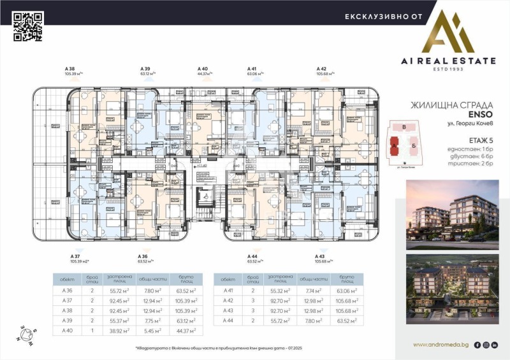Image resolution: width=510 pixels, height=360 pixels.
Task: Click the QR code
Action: (28, 26)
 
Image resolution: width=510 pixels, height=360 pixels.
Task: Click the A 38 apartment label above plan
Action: (69, 69)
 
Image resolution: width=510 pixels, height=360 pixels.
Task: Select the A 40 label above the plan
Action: (203, 69)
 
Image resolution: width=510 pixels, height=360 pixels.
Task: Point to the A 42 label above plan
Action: (322, 69)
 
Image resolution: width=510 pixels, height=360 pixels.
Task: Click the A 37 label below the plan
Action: (75, 257)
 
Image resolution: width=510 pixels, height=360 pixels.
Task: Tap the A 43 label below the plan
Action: (322, 257)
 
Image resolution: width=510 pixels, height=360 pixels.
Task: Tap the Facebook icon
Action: (477, 345)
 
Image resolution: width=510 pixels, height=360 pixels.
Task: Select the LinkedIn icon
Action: (495, 345)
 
